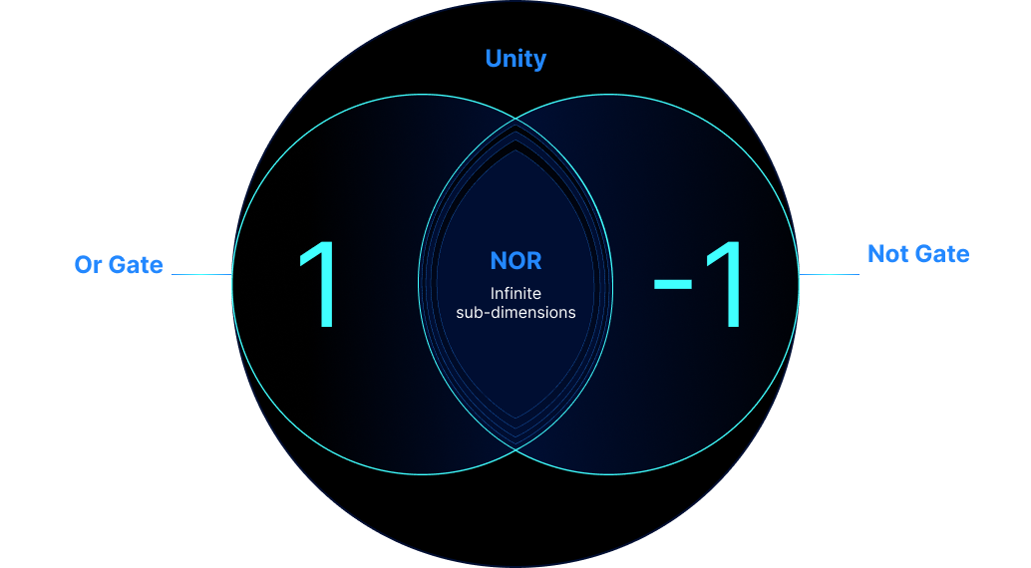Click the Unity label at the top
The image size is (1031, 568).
click(515, 59)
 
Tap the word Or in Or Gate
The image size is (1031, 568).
click(88, 265)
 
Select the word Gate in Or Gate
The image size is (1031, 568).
click(136, 265)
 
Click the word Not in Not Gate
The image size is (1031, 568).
click(887, 253)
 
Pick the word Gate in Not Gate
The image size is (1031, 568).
click(942, 253)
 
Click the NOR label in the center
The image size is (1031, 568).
click(515, 262)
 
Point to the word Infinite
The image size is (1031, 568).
click(515, 293)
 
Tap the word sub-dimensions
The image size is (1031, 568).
click(515, 312)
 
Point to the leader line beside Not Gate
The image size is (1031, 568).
click(829, 274)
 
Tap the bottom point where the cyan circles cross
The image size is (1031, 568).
click(515, 448)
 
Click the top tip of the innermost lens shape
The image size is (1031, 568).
click(515, 144)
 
